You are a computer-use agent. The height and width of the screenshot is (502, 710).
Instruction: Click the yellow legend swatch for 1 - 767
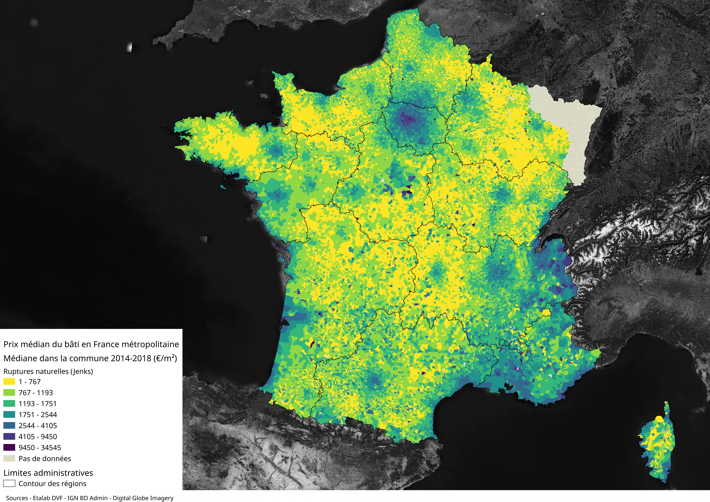[x=9, y=381]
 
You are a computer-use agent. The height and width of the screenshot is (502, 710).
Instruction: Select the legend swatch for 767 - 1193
[x=9, y=393]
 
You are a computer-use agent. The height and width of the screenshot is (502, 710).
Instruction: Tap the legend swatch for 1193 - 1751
[x=9, y=403]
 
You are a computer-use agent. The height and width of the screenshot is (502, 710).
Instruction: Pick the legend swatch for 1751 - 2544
[x=9, y=414]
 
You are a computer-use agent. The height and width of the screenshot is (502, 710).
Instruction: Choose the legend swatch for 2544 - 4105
[x=9, y=425]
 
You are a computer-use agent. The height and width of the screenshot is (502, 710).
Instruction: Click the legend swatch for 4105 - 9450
[x=9, y=436]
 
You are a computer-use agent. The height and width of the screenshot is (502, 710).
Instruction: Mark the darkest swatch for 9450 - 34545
[x=9, y=447]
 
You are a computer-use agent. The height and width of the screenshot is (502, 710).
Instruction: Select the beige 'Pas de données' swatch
[x=9, y=458]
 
